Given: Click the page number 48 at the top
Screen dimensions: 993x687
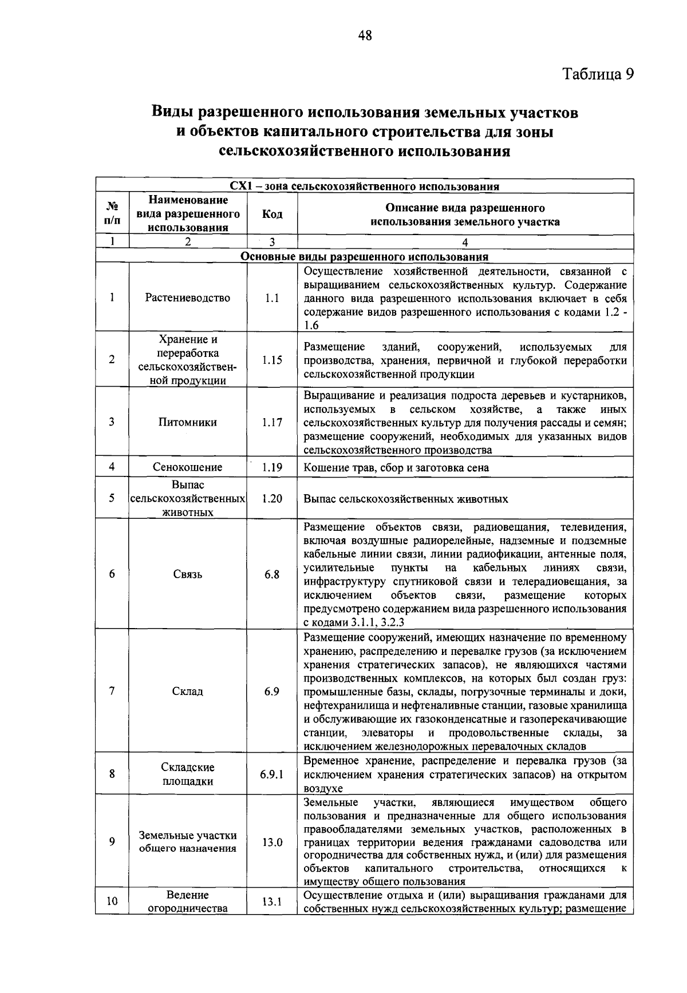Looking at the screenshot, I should (x=365, y=36).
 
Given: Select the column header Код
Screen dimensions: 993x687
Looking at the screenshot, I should (x=272, y=214).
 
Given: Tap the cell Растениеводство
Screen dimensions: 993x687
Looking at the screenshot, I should (x=188, y=298).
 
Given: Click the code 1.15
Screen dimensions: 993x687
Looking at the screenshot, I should (x=272, y=360).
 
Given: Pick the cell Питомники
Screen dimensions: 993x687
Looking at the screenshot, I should (x=188, y=423).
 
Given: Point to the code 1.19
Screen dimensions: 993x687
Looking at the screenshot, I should (x=272, y=467).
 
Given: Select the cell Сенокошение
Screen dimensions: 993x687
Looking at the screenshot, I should (x=188, y=467).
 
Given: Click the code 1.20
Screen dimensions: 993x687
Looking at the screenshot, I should (x=272, y=499).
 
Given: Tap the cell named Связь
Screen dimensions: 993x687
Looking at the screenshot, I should (x=188, y=574).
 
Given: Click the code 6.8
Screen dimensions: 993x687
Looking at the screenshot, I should (x=272, y=574).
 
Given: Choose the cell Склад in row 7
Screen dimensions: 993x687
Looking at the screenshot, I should (x=188, y=692).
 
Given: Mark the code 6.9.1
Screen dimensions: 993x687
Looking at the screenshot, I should (x=272, y=774).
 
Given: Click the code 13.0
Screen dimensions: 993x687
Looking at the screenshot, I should (x=272, y=843).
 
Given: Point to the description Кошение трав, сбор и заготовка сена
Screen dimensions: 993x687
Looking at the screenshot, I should (x=396, y=468).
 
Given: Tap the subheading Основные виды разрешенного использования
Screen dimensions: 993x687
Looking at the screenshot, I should (x=365, y=257).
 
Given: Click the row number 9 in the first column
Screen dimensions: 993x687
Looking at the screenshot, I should (x=112, y=842).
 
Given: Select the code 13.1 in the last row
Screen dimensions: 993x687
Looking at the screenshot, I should (x=272, y=902).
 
